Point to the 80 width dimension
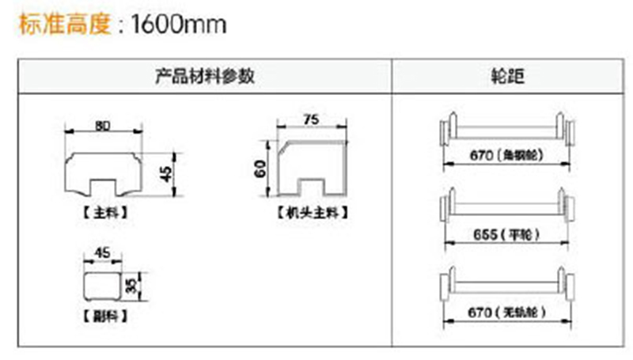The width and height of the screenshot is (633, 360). point(103,124)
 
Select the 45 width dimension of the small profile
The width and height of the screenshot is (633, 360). point(103,253)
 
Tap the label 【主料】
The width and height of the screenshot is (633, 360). point(104,213)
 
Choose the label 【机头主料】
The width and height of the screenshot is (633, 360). point(313,212)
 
